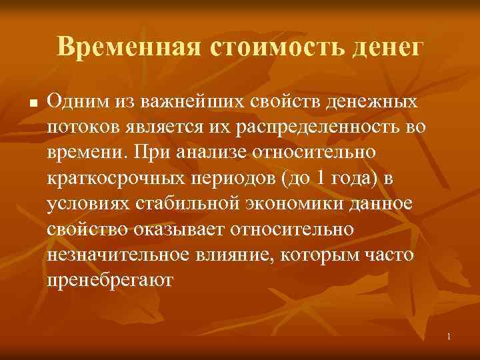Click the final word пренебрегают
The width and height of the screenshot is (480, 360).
[x=109, y=279]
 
